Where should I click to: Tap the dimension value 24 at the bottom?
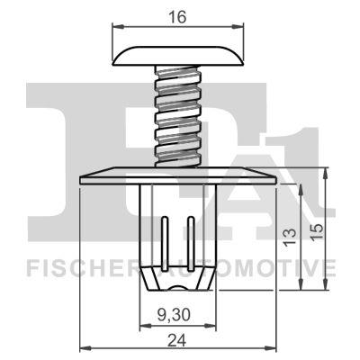(178, 340)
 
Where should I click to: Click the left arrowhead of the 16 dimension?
(116, 27)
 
